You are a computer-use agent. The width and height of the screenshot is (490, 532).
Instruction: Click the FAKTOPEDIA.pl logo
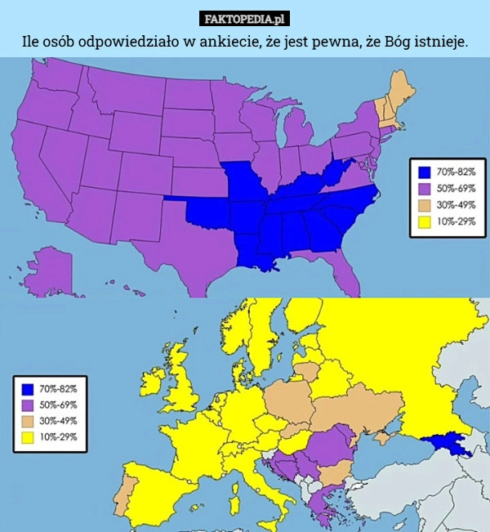[245, 19]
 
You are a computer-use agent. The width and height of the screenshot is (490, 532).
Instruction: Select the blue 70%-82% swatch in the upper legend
[424, 172]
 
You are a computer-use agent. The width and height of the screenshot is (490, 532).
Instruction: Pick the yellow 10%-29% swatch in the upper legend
[424, 221]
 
